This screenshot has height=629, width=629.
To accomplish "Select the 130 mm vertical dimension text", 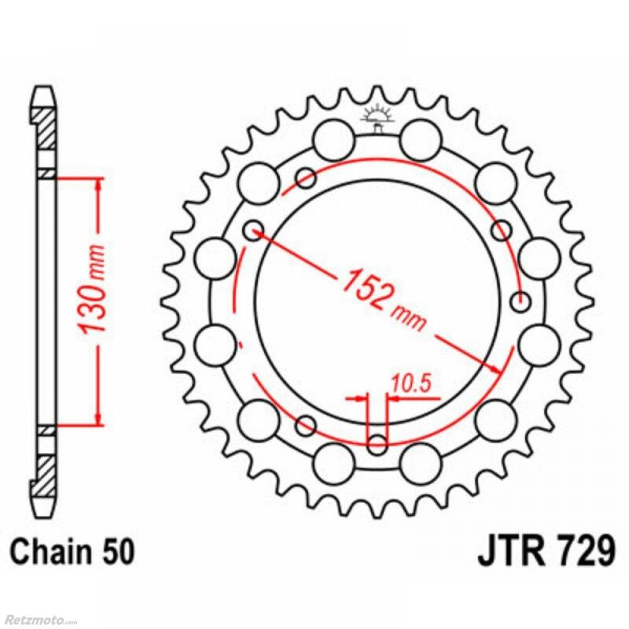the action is coord(92,289).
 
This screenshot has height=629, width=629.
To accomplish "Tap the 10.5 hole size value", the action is coord(411,382).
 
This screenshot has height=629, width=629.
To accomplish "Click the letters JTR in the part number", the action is coord(511,553).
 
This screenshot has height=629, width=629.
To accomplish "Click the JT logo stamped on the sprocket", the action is coord(377,118).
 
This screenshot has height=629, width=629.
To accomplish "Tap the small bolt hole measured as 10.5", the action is coord(377,444).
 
